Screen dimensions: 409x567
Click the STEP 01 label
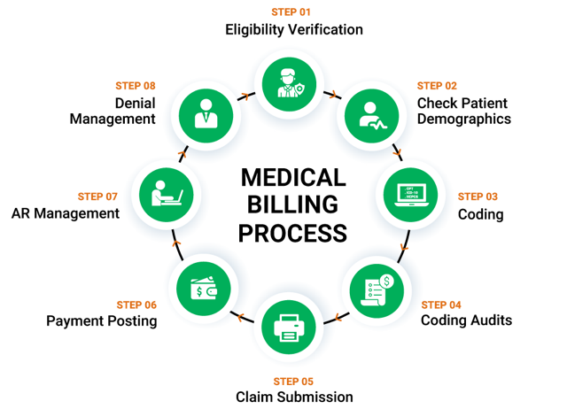(x=291, y=12)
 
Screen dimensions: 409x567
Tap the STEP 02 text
(x=437, y=86)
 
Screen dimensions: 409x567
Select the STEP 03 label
(x=478, y=197)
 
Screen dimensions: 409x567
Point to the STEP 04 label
(x=441, y=305)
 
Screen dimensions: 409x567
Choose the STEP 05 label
(x=292, y=382)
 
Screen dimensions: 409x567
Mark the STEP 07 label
(x=97, y=197)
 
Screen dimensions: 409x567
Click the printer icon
(x=289, y=329)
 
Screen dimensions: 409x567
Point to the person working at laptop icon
(x=166, y=193)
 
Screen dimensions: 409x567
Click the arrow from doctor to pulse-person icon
(x=332, y=95)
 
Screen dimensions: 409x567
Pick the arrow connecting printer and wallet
(x=238, y=316)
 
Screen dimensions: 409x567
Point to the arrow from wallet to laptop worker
(x=176, y=243)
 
